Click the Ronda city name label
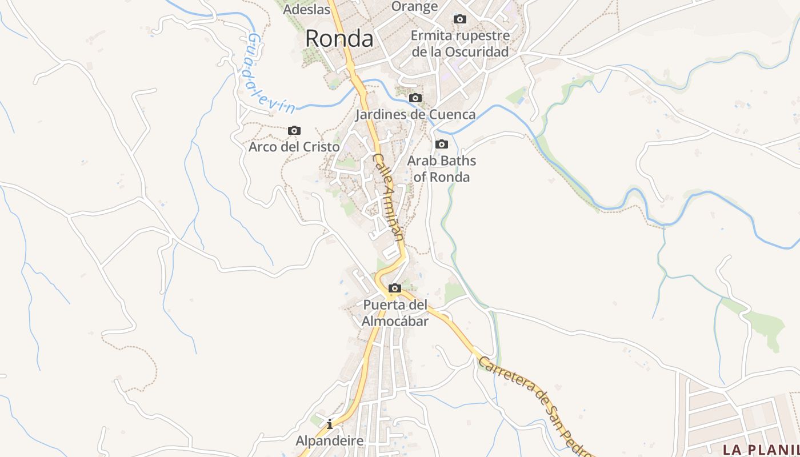(x=339, y=39)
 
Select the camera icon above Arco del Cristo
(x=294, y=131)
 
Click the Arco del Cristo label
(x=294, y=147)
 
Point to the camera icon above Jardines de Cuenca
(x=415, y=98)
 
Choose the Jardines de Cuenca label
(x=415, y=115)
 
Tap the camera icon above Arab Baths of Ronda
(x=442, y=144)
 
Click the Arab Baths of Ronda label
(x=441, y=169)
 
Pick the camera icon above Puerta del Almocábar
(x=394, y=288)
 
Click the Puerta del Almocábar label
(x=395, y=313)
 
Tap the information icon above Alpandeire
(x=330, y=424)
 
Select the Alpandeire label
(x=330, y=441)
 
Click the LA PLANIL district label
(x=761, y=449)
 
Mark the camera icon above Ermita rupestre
(x=459, y=19)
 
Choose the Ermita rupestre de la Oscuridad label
(x=460, y=44)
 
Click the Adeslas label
(x=307, y=9)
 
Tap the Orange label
(x=415, y=6)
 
